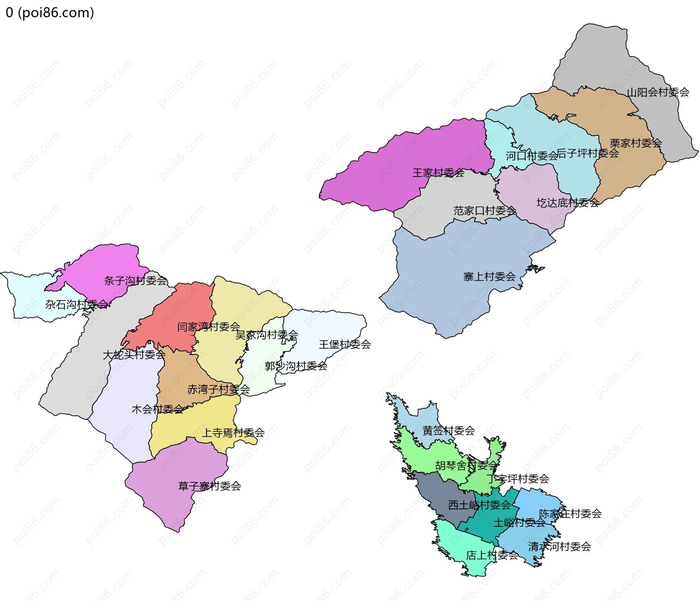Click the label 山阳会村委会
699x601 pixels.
(x=658, y=92)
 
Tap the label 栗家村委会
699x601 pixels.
(x=636, y=143)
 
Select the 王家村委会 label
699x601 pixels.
(x=438, y=173)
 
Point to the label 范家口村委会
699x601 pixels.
(x=485, y=210)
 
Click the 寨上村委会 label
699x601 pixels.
(x=489, y=277)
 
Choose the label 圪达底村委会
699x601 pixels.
(x=568, y=203)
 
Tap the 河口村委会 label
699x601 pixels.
(x=532, y=156)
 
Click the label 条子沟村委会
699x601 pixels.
(x=136, y=280)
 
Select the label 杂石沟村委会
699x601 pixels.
(x=77, y=304)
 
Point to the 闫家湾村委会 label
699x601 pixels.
(x=209, y=327)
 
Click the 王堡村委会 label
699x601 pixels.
(x=345, y=344)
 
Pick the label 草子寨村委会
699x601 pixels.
(x=210, y=486)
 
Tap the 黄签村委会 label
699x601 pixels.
(x=449, y=431)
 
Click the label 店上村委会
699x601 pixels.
(x=492, y=555)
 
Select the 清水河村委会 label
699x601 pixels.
(x=560, y=546)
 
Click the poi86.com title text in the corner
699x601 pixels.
(x=50, y=13)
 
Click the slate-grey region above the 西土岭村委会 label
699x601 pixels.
(x=437, y=488)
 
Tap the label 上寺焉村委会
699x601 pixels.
(x=233, y=432)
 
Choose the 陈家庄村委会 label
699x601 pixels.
(x=570, y=514)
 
